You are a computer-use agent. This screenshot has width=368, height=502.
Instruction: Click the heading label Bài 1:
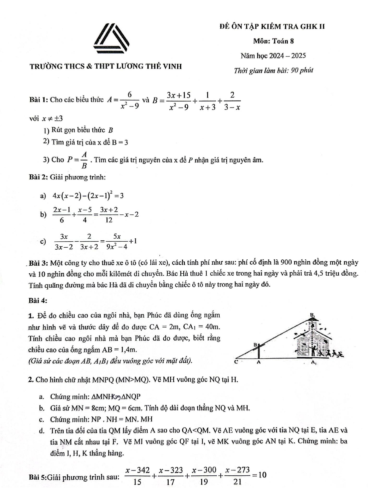coord(39,100)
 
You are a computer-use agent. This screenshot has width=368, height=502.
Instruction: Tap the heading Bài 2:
coord(39,177)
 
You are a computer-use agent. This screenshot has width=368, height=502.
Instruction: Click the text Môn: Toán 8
coord(274,41)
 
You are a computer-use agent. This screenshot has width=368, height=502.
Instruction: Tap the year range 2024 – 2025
coord(290,56)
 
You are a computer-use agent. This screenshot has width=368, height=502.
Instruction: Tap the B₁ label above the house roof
coord(312,315)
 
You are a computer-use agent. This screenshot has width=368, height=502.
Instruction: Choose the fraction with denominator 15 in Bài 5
coord(137,475)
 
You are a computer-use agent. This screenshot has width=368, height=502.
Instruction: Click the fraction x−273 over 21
coord(237,475)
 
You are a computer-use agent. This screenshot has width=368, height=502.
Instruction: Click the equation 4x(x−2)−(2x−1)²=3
coord(88,195)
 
